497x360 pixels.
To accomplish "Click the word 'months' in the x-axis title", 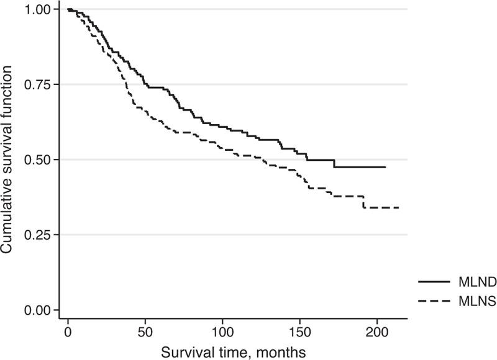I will click(x=284, y=352).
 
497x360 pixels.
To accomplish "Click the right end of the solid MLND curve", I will click(x=385, y=167).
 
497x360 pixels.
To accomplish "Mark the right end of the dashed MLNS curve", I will click(x=398, y=207).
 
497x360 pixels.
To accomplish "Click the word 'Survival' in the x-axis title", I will click(x=183, y=352).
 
